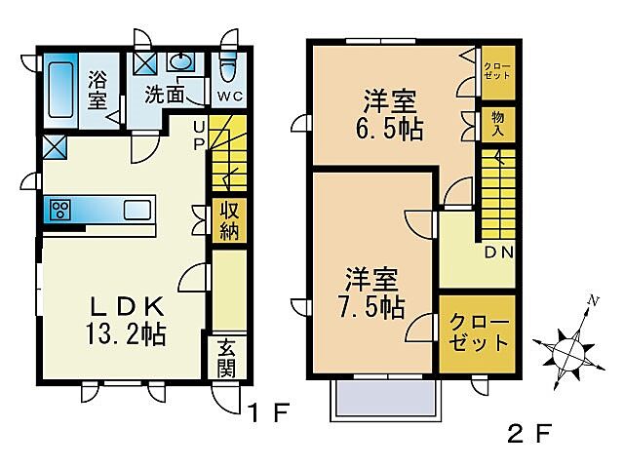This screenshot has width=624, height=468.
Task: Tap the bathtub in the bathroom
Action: (x=61, y=90)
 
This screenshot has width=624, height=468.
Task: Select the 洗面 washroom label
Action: (x=167, y=95)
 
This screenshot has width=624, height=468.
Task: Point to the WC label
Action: (x=229, y=96)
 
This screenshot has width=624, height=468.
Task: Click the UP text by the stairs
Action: (x=199, y=134)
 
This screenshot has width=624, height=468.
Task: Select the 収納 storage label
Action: (x=229, y=219)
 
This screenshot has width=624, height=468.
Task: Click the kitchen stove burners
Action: (x=58, y=211)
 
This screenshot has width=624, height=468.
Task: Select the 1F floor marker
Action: (x=267, y=413)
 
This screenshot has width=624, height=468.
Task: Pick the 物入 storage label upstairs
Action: (x=498, y=124)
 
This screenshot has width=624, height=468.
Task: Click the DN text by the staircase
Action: (x=499, y=253)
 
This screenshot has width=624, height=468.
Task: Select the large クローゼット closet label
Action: (x=478, y=333)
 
